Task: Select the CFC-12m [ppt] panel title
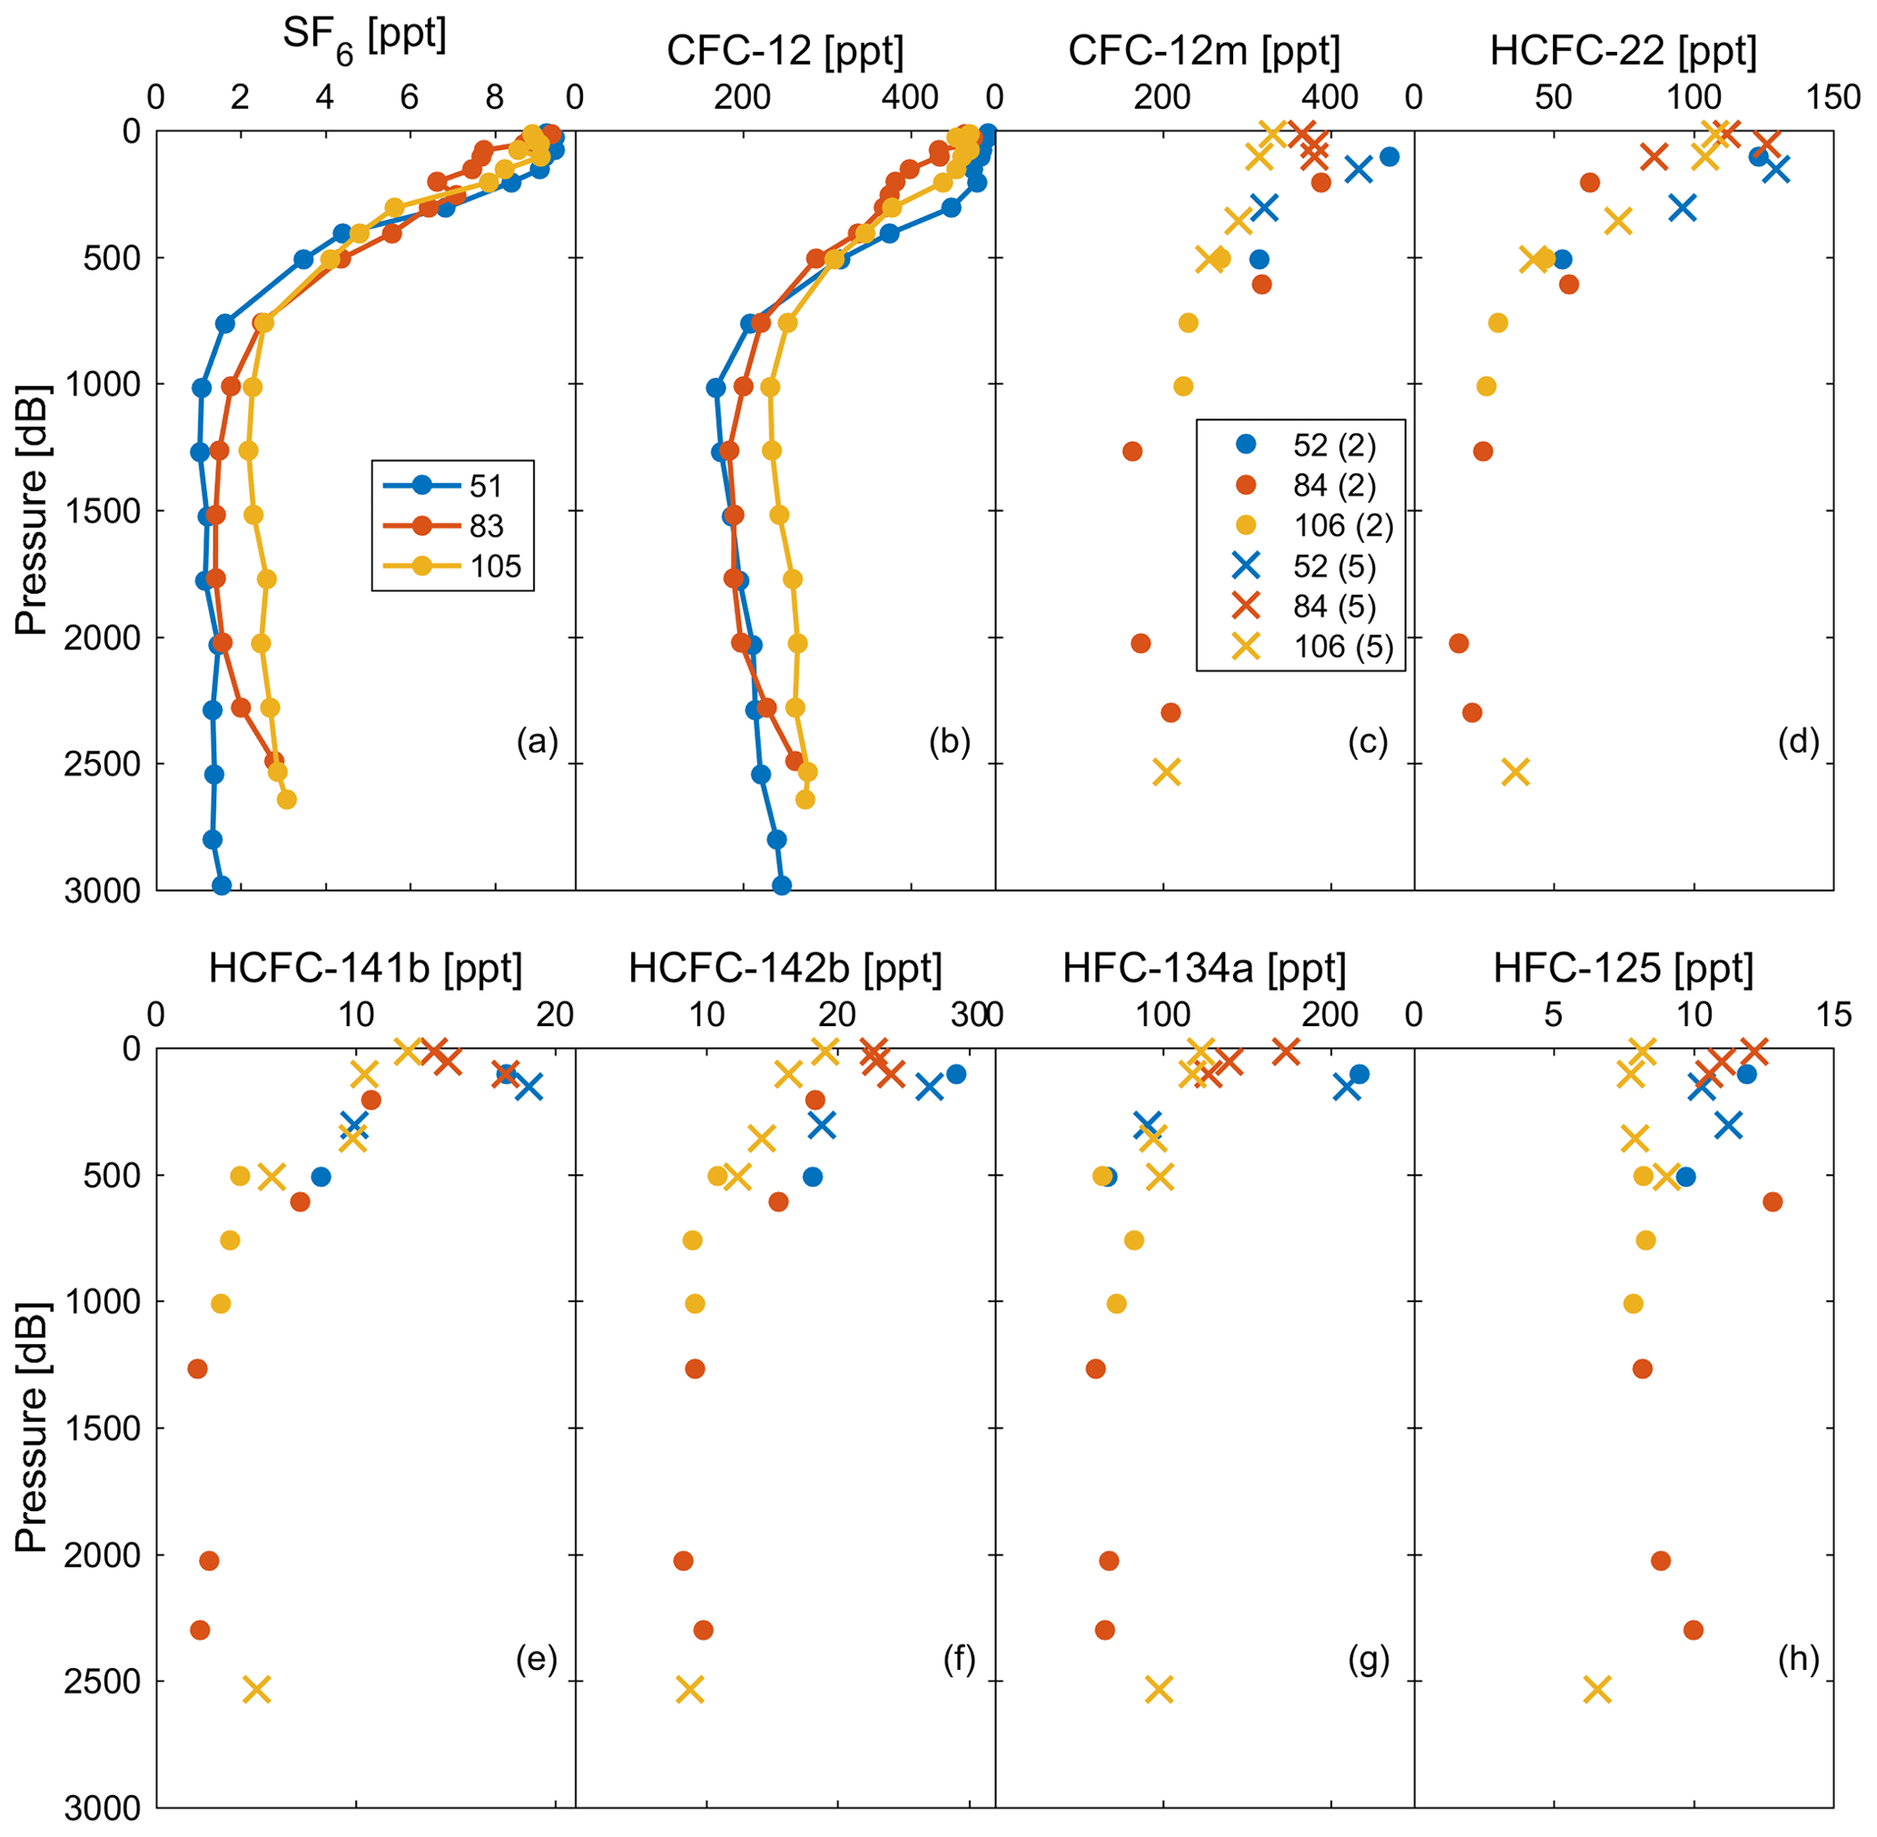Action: [x=1203, y=51]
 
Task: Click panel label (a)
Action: [x=538, y=741]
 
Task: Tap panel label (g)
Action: [x=1368, y=1660]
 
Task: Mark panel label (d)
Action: [x=1798, y=741]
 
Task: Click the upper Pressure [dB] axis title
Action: [x=32, y=509]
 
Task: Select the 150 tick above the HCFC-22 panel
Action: [x=1833, y=97]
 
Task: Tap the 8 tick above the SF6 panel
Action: [x=494, y=97]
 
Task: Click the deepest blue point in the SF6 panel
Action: [x=221, y=884]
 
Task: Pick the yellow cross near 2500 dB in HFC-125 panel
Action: [x=1598, y=1689]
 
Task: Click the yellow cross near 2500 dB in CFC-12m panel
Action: [x=1167, y=772]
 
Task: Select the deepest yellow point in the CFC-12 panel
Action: [x=805, y=800]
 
